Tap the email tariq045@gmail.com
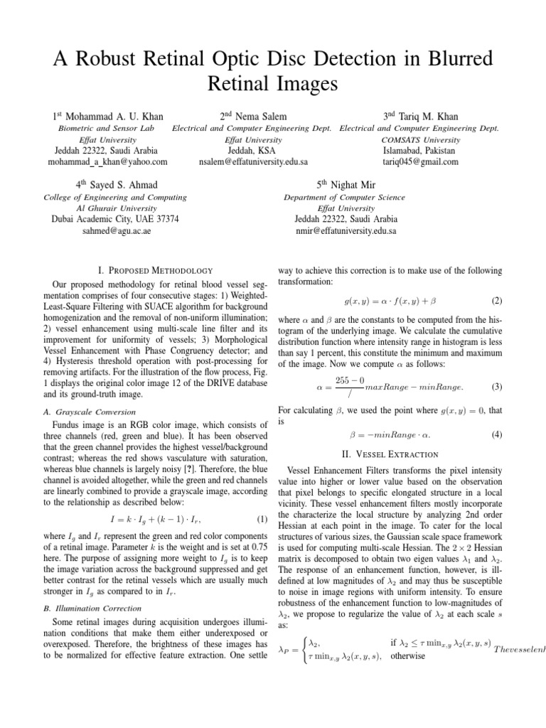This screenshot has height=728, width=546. (x=421, y=161)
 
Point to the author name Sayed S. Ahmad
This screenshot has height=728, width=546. (x=121, y=185)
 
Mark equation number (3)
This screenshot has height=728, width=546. (x=497, y=387)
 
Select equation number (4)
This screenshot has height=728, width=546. (x=497, y=433)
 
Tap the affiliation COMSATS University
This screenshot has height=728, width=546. (x=421, y=139)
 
